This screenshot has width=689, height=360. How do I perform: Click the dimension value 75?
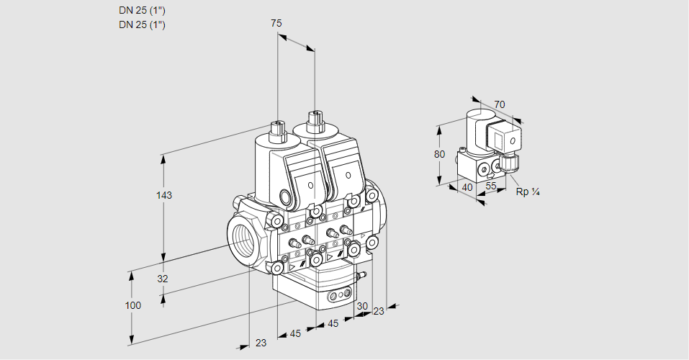coord(276,23)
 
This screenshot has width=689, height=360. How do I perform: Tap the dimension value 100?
coord(132,305)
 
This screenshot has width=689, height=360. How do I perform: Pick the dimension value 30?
coord(361,306)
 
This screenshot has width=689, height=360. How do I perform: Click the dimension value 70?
coord(500,104)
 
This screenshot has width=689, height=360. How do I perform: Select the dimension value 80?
coord(440,154)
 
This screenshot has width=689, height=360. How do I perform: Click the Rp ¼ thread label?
coord(528,192)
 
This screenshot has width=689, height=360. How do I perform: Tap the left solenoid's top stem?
coord(277,130)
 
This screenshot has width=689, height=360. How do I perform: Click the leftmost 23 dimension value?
coord(261,343)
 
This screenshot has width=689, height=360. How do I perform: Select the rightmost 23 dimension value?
coord(379,311)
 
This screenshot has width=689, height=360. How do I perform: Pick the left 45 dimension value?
coord(295,333)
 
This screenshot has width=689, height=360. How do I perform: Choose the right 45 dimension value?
coord(333,323)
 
